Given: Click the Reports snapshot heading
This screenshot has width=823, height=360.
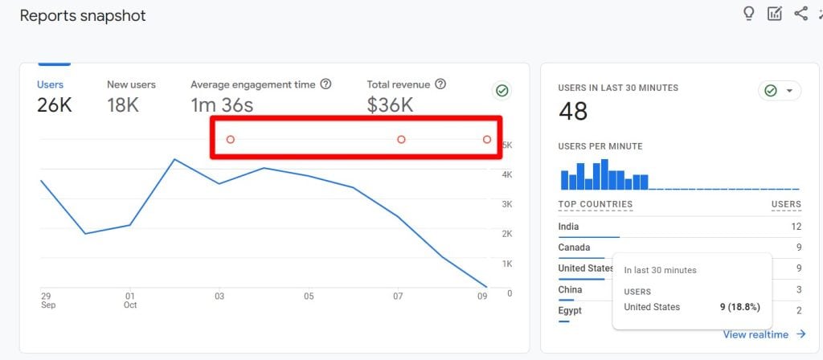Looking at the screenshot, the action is tap(83, 16).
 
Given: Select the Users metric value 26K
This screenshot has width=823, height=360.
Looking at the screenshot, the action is tap(54, 105).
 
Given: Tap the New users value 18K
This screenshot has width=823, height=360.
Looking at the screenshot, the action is tap(123, 105).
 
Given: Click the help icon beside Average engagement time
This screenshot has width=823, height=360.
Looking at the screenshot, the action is tap(326, 84).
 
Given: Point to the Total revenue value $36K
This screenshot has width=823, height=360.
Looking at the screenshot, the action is tap(390, 105).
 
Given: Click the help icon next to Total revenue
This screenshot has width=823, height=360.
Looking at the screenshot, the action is tap(441, 84).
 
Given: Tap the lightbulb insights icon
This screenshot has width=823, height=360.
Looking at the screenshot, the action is tap(749, 14).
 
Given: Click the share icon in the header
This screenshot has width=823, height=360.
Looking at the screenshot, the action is tap(800, 14).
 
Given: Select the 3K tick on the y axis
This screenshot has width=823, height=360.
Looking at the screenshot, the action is tap(507, 204).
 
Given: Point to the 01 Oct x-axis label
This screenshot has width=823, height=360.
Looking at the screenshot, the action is tap(130, 301).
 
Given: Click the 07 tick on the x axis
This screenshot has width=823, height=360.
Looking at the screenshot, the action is tap(399, 297).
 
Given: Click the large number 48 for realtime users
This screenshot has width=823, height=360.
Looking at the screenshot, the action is tap(573, 111).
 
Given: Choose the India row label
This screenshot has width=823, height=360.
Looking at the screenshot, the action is tap(568, 227).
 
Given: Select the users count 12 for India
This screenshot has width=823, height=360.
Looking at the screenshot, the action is tap(796, 227).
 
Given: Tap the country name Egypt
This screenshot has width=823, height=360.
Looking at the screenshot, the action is tap(570, 311).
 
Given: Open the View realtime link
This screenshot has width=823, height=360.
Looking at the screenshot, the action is tap(764, 334).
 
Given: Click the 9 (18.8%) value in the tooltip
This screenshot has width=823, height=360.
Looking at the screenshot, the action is tap(739, 307).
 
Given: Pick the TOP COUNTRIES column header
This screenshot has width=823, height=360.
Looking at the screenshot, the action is tap(596, 204).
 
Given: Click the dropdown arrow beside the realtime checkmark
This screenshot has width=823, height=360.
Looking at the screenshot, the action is tap(789, 92).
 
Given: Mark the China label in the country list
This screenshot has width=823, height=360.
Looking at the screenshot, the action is tap(570, 289).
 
